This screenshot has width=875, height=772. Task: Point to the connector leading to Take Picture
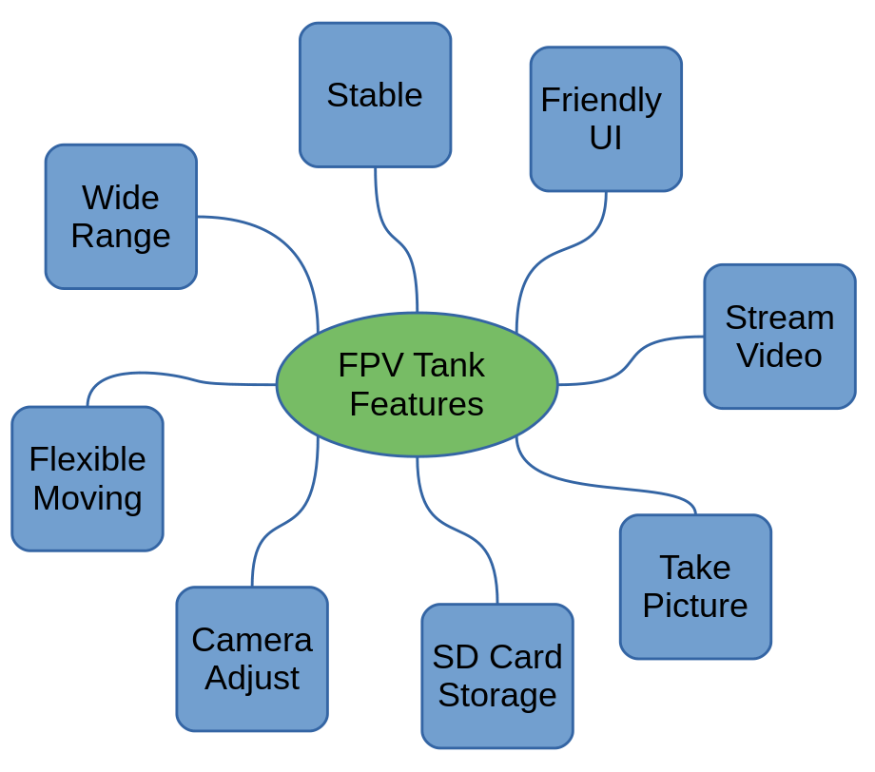(x=609, y=489)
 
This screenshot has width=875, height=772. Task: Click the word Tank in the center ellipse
(x=451, y=366)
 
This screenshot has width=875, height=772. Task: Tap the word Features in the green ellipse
(x=417, y=404)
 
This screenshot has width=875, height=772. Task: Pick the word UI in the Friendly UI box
(x=606, y=139)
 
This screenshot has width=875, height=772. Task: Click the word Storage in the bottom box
(x=497, y=695)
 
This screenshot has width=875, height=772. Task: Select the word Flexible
(x=87, y=460)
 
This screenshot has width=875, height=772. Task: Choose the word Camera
(x=252, y=640)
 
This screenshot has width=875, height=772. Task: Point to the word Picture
(x=695, y=606)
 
